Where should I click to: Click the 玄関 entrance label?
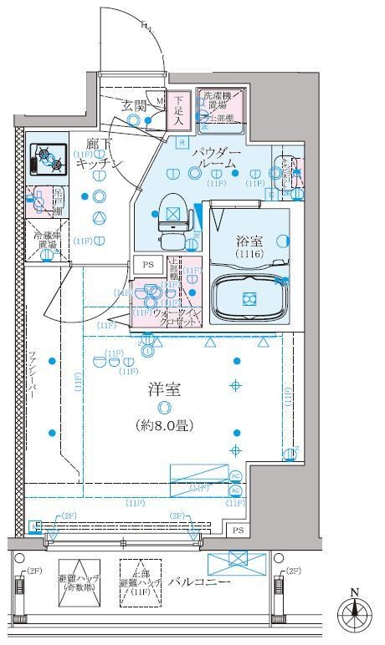tap(134, 106)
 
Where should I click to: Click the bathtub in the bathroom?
tap(248, 297)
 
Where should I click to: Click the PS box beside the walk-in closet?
tap(148, 264)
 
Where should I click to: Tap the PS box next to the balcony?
tap(238, 530)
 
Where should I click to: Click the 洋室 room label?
tap(164, 389)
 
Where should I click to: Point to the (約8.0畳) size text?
tap(164, 425)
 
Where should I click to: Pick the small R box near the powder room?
tap(182, 141)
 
